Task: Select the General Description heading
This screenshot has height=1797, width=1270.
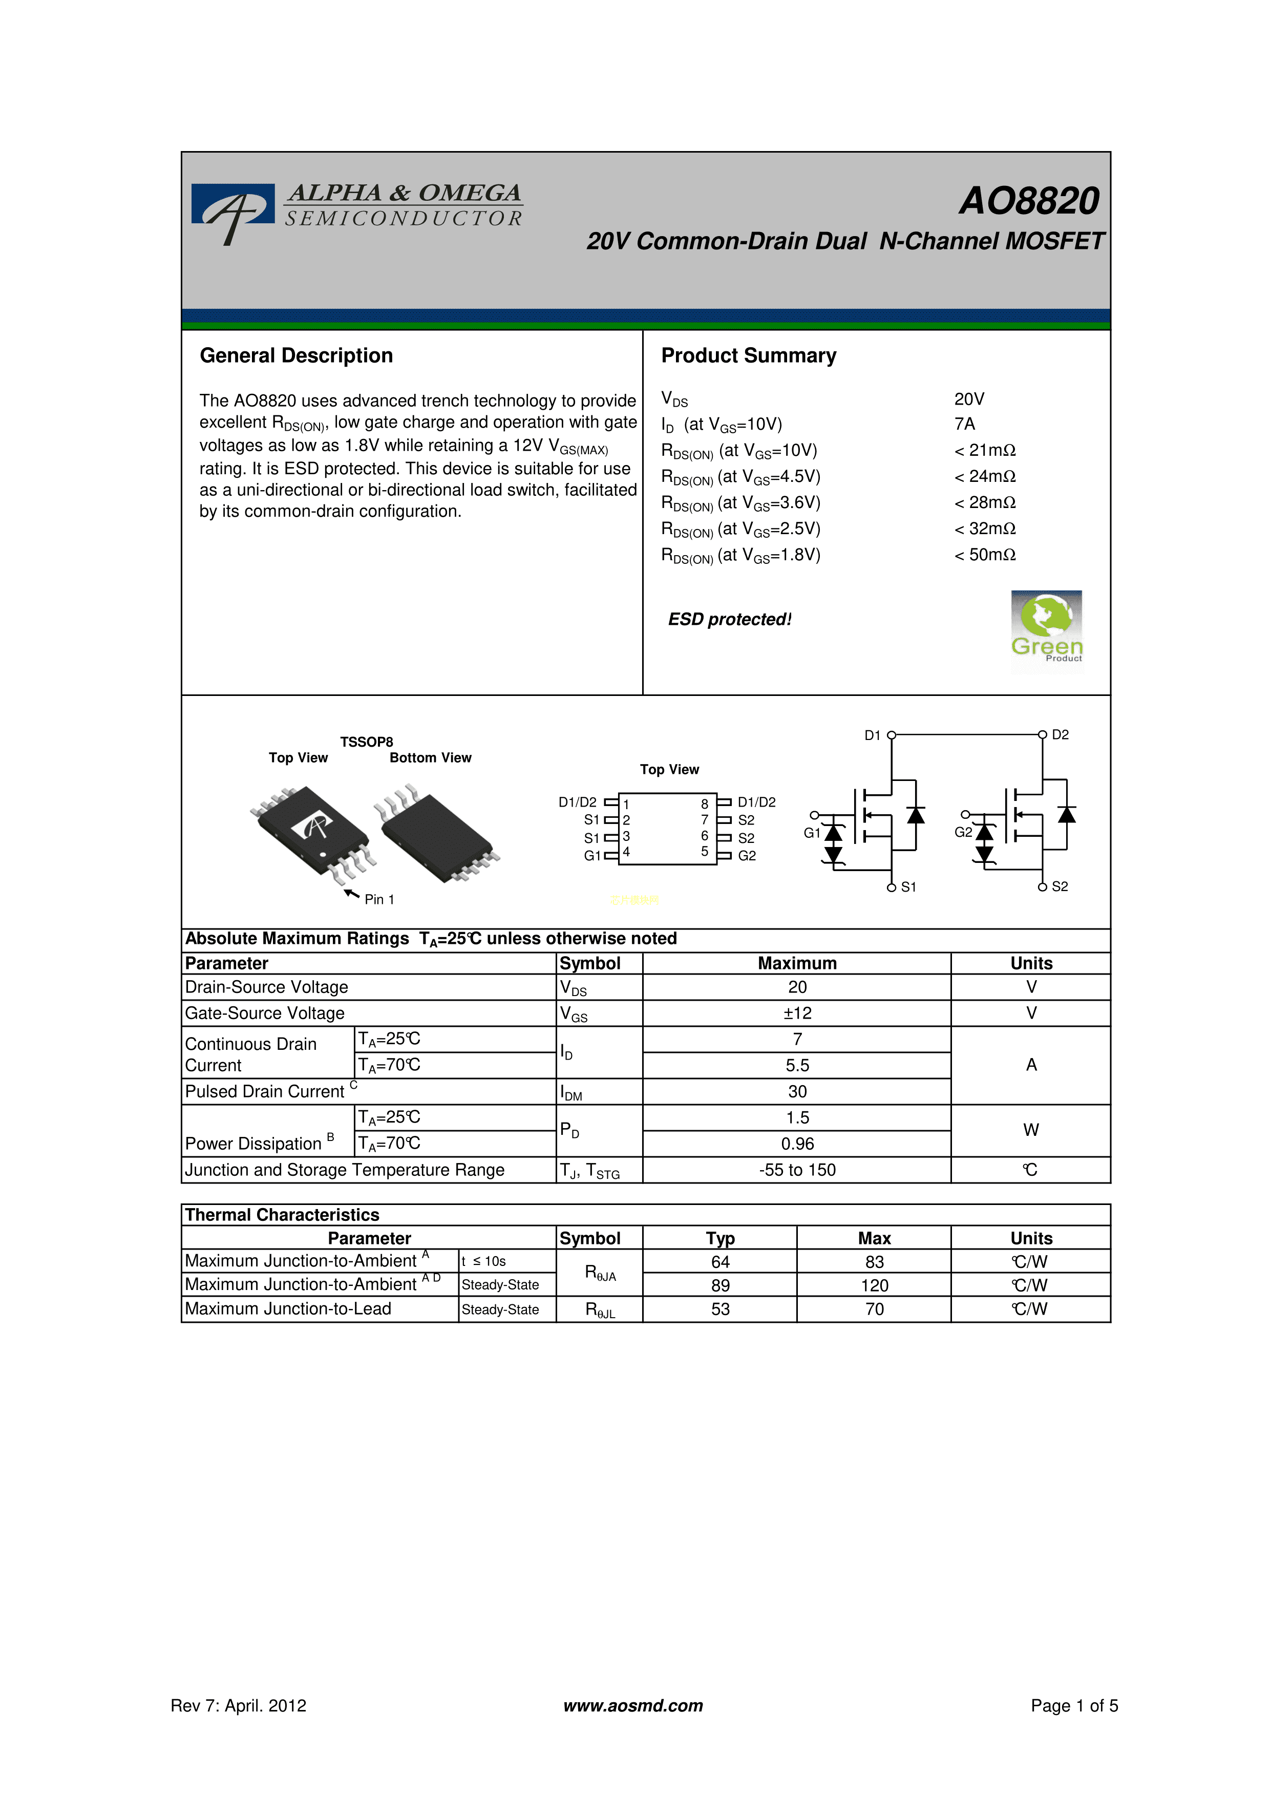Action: coord(297,355)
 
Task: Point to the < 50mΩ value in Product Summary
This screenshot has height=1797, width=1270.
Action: coord(985,555)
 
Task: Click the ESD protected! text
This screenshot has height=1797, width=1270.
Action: coord(729,619)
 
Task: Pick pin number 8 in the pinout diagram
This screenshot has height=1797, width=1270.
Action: coord(704,804)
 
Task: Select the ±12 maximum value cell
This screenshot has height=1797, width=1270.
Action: coord(797,1013)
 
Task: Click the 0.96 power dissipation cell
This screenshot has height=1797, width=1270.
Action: coord(797,1144)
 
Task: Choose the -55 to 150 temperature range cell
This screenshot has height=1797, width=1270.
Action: coord(797,1170)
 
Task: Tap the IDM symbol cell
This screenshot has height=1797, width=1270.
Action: coord(599,1092)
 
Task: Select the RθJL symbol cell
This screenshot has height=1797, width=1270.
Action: coord(599,1309)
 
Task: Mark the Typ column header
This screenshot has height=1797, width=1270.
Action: coord(720,1238)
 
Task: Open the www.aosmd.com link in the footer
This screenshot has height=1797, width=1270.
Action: coord(633,1705)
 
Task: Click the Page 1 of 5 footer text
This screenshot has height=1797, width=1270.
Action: coord(1074,1705)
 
